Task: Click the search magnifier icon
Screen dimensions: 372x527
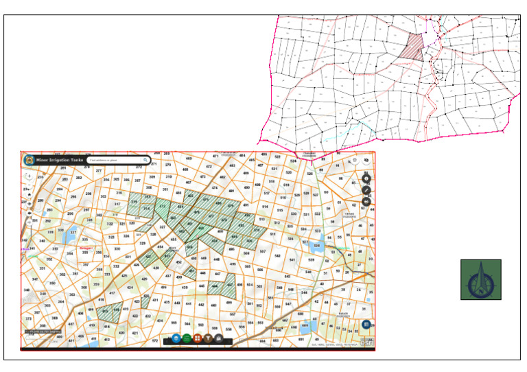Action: click(145, 160)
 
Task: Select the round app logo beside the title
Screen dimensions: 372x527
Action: click(29, 160)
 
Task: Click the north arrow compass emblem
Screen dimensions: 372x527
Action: click(480, 279)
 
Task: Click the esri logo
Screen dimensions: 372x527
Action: click(367, 342)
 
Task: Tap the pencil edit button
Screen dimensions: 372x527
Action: click(366, 189)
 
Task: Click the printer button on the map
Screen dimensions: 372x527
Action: click(366, 202)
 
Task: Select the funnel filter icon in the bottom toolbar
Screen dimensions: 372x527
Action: click(207, 338)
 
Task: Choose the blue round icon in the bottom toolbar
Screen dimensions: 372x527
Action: click(176, 338)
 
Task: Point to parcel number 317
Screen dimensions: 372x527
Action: click(117, 204)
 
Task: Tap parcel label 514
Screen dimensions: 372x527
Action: click(265, 206)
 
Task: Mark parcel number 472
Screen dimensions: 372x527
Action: click(209, 166)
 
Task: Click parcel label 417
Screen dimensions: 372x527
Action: click(112, 293)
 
